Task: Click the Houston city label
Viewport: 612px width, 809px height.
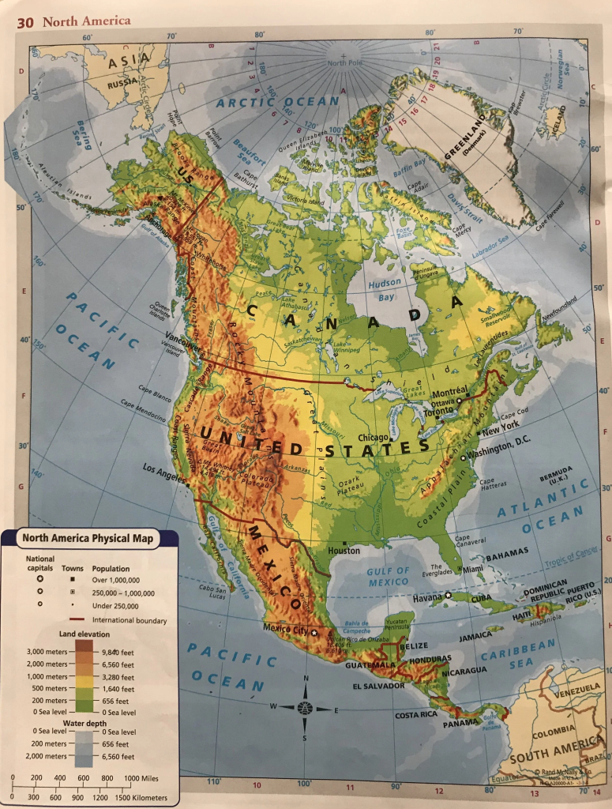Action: click(x=344, y=550)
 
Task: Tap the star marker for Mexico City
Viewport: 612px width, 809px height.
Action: click(x=314, y=632)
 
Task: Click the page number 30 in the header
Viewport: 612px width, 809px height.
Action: click(x=24, y=22)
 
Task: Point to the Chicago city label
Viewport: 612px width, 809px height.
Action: click(x=374, y=437)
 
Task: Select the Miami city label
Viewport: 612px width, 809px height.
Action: click(x=474, y=569)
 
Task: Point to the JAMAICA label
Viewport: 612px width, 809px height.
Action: click(x=475, y=634)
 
